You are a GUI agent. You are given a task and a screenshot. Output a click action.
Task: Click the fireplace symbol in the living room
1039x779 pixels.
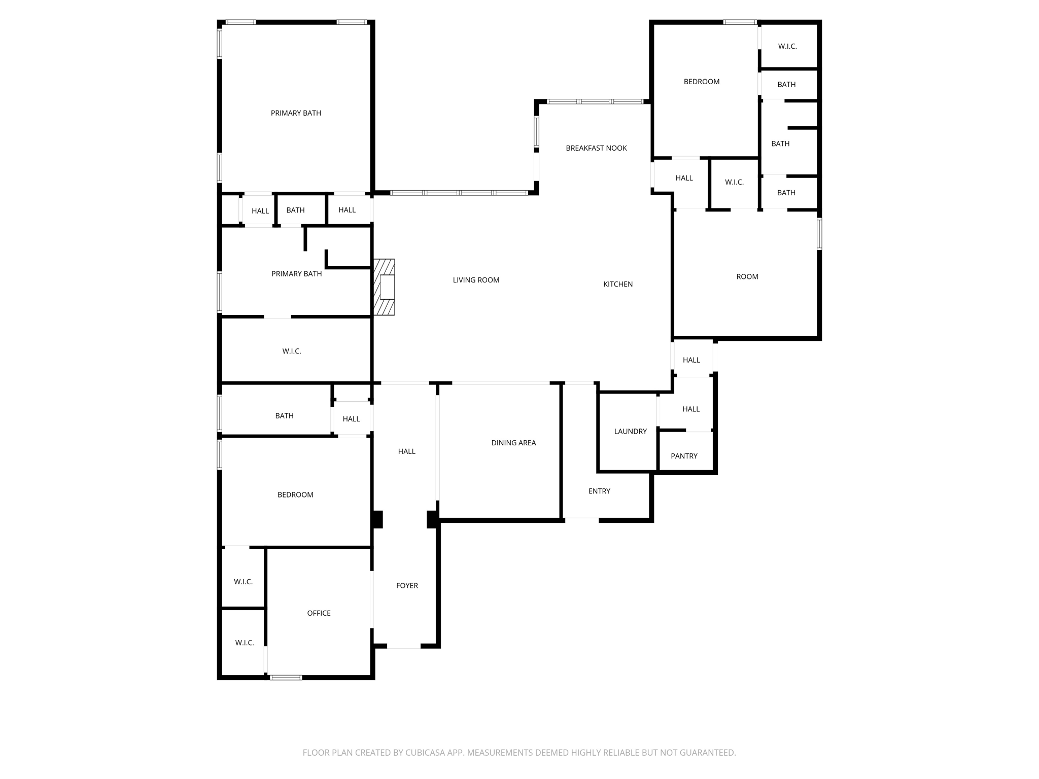pyautogui.click(x=384, y=287)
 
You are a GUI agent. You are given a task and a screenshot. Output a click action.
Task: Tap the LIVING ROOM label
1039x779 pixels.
pyautogui.click(x=476, y=280)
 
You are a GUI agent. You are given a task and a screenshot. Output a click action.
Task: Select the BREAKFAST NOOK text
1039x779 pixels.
pyautogui.click(x=596, y=148)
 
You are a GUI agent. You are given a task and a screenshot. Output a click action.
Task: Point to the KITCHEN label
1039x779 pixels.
pyautogui.click(x=617, y=284)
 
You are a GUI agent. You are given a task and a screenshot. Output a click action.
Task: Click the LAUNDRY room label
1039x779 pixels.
pyautogui.click(x=630, y=431)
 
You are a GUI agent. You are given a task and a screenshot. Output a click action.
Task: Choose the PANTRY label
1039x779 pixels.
pyautogui.click(x=684, y=456)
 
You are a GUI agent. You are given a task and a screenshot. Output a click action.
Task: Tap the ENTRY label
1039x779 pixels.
pyautogui.click(x=599, y=491)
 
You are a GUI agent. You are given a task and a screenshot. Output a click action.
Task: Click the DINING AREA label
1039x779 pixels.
pyautogui.click(x=513, y=443)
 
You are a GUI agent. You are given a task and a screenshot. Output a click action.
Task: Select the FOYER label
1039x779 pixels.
pyautogui.click(x=407, y=585)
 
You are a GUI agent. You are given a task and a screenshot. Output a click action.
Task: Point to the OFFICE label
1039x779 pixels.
pyautogui.click(x=319, y=613)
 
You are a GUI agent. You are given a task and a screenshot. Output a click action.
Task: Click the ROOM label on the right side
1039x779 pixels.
pyautogui.click(x=747, y=276)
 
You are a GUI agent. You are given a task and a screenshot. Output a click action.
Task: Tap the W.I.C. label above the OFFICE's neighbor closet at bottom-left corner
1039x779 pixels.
pyautogui.click(x=243, y=582)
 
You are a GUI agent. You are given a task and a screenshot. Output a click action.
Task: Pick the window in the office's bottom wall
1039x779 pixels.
pyautogui.click(x=286, y=677)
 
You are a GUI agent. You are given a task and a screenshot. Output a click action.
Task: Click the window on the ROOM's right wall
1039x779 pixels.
pyautogui.click(x=819, y=234)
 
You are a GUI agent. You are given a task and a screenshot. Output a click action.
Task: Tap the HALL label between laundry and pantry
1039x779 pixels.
pyautogui.click(x=691, y=409)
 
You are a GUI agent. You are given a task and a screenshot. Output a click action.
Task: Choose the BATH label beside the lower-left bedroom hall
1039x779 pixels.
pyautogui.click(x=284, y=416)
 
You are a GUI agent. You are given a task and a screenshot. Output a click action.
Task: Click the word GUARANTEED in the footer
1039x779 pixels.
pyautogui.click(x=706, y=753)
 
